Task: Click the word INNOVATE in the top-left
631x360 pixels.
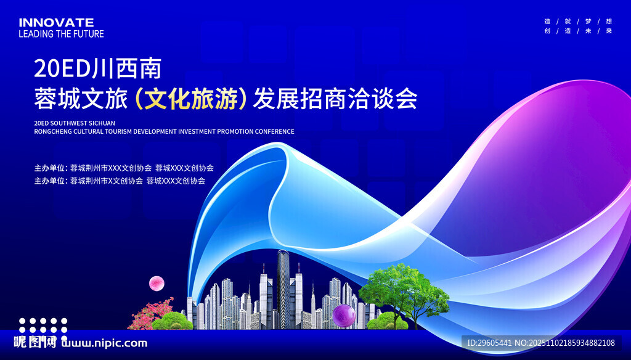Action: (x=56, y=23)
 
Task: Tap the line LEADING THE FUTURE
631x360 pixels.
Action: (x=61, y=34)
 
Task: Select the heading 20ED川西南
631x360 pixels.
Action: (x=97, y=68)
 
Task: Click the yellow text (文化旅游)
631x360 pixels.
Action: (x=191, y=99)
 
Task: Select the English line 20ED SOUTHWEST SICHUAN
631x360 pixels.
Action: (x=75, y=123)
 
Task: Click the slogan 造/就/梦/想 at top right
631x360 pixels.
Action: (x=578, y=21)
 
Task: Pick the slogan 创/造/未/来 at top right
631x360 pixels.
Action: (x=578, y=31)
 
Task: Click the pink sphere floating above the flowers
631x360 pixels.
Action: (x=157, y=283)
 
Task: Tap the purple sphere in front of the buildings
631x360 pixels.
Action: (x=344, y=316)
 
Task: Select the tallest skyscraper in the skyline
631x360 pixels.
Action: (x=283, y=287)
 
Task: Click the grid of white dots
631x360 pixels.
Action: (x=43, y=325)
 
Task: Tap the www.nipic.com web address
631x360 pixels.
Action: (x=105, y=343)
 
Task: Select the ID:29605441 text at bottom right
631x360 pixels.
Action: (x=487, y=343)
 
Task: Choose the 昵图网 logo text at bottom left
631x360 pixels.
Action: (x=35, y=343)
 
